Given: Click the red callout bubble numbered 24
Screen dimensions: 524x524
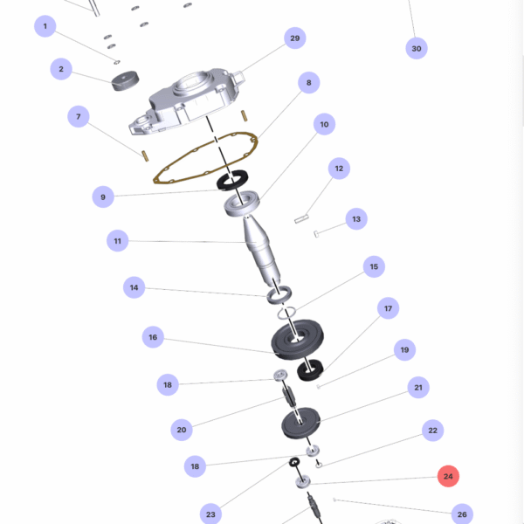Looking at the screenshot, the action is pyautogui.click(x=448, y=476).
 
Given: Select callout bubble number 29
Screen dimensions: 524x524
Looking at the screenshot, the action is pyautogui.click(x=295, y=38).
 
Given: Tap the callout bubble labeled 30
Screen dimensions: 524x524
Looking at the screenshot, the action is pyautogui.click(x=417, y=48).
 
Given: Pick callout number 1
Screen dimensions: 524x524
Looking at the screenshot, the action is pyautogui.click(x=45, y=26).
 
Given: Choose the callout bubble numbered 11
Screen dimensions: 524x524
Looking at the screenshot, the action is pyautogui.click(x=117, y=241).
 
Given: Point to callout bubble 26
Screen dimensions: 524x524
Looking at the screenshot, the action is pyautogui.click(x=462, y=514).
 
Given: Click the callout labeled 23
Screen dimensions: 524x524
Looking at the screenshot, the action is pyautogui.click(x=210, y=514).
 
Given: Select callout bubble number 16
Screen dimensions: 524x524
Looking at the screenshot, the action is pyautogui.click(x=153, y=337).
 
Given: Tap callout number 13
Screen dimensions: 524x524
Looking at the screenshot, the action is pyautogui.click(x=356, y=219).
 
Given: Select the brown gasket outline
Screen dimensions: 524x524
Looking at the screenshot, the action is pyautogui.click(x=205, y=158).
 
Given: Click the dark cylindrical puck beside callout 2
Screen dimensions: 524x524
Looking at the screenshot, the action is pyautogui.click(x=125, y=81).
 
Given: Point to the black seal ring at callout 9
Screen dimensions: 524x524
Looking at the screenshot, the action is pyautogui.click(x=232, y=181).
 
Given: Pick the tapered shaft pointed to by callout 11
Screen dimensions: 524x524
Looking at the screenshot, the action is pyautogui.click(x=261, y=252).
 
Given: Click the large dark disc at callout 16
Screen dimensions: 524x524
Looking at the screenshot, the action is pyautogui.click(x=297, y=339).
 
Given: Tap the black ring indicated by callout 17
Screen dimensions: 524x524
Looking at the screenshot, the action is pyautogui.click(x=310, y=369).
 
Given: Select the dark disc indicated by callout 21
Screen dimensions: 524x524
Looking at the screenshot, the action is pyautogui.click(x=300, y=423).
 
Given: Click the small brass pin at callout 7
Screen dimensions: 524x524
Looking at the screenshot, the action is pyautogui.click(x=145, y=156).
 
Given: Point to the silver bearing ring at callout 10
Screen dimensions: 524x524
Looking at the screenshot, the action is pyautogui.click(x=242, y=203).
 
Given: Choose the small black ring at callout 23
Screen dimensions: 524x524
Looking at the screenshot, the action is pyautogui.click(x=294, y=462).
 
